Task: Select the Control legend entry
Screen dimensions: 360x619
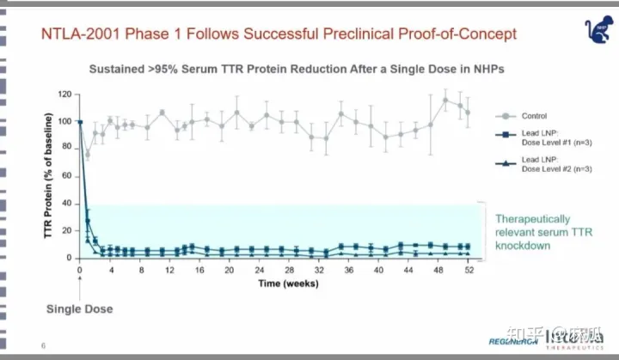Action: [533, 115]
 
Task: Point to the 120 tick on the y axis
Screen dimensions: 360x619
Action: [64, 95]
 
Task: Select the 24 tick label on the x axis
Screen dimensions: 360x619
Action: [259, 270]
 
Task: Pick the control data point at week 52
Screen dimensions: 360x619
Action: [468, 113]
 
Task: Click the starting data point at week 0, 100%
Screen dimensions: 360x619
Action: [80, 122]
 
